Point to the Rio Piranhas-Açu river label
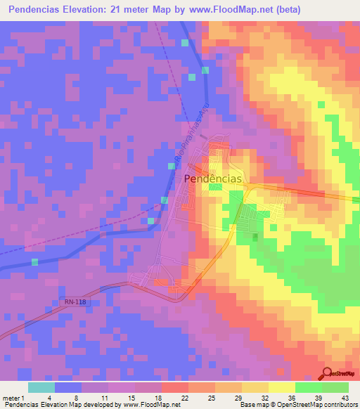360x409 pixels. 204,136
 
